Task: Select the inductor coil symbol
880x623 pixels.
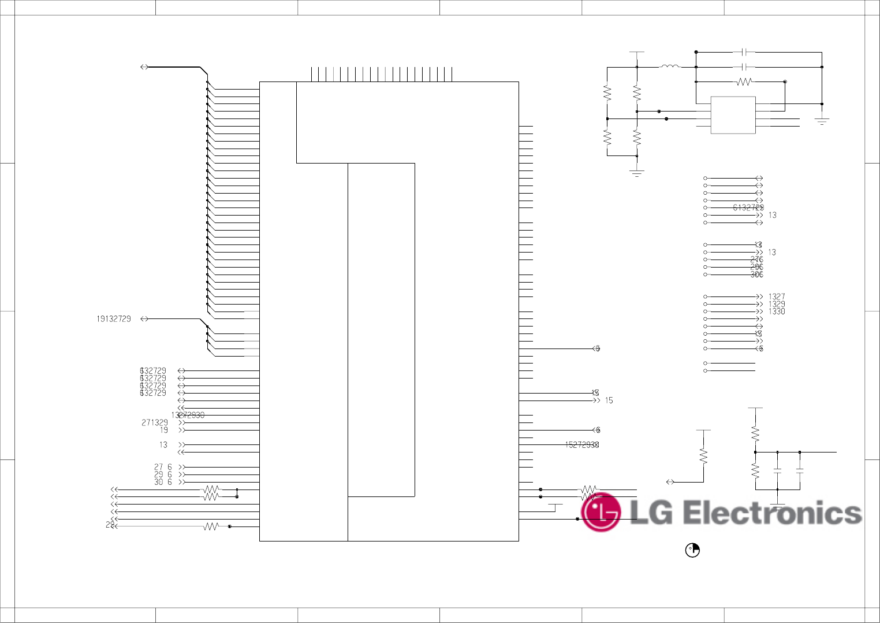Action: (x=670, y=66)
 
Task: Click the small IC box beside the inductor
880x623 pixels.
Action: (x=733, y=115)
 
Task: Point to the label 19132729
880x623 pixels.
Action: (x=114, y=319)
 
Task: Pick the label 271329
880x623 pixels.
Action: (x=155, y=423)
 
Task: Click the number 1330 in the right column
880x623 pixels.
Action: (x=777, y=311)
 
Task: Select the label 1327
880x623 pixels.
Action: (x=777, y=296)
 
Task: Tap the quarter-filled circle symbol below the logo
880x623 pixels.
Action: (x=692, y=550)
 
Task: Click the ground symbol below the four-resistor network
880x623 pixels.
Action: (x=637, y=172)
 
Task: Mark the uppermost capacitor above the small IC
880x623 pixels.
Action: (x=744, y=52)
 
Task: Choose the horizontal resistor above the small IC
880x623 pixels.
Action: (x=744, y=82)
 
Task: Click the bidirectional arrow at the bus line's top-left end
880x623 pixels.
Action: (x=144, y=67)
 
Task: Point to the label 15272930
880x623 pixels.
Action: (x=581, y=445)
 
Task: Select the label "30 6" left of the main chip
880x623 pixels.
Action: (x=163, y=482)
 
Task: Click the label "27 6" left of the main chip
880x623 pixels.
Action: (x=163, y=467)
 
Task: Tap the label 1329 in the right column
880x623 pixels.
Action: (x=777, y=304)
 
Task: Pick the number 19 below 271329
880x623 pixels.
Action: (x=164, y=431)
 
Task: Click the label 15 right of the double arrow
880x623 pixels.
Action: (x=609, y=400)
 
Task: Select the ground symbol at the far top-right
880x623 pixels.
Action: (x=822, y=121)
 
